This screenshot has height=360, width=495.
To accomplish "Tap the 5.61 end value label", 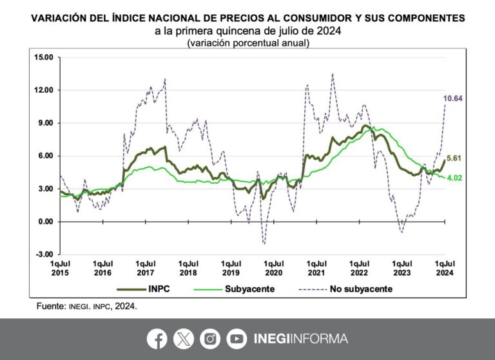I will coord(454,158).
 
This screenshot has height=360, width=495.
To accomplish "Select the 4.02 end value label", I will coord(454,178).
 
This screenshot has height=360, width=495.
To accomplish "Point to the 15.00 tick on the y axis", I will coord(44,57).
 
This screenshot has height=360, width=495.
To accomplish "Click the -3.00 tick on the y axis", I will coord(45,254).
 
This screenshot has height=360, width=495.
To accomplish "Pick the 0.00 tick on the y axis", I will coord(46,222).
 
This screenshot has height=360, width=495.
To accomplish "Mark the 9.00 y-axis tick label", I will coord(46,123).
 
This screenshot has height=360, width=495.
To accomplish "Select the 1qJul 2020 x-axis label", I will coord(274,268).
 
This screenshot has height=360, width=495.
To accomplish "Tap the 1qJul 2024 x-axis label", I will coord(443,268).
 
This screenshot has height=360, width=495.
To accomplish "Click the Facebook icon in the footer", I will coord(157,339).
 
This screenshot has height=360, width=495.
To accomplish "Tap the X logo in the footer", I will coord(183,339).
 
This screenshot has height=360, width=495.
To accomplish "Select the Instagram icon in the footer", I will coord(210,339).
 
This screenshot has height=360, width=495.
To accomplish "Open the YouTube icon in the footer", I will coord(237,339).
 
